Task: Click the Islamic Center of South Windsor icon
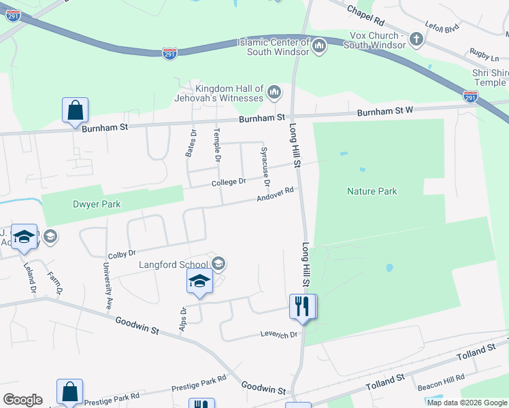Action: pos(319,46)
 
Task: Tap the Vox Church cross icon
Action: pos(416,40)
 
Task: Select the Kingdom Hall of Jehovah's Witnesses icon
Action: pos(274,92)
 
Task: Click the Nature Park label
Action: pos(372,192)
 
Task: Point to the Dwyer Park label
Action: pos(97,203)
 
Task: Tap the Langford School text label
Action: pos(174,265)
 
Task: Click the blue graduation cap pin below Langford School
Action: pos(199,281)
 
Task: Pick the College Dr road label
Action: pos(228,182)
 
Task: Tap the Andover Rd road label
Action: pos(275,195)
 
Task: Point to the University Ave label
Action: pos(108,284)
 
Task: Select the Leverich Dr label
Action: pos(280,335)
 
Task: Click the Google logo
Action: pos(22,400)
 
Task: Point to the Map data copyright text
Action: pos(467,403)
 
